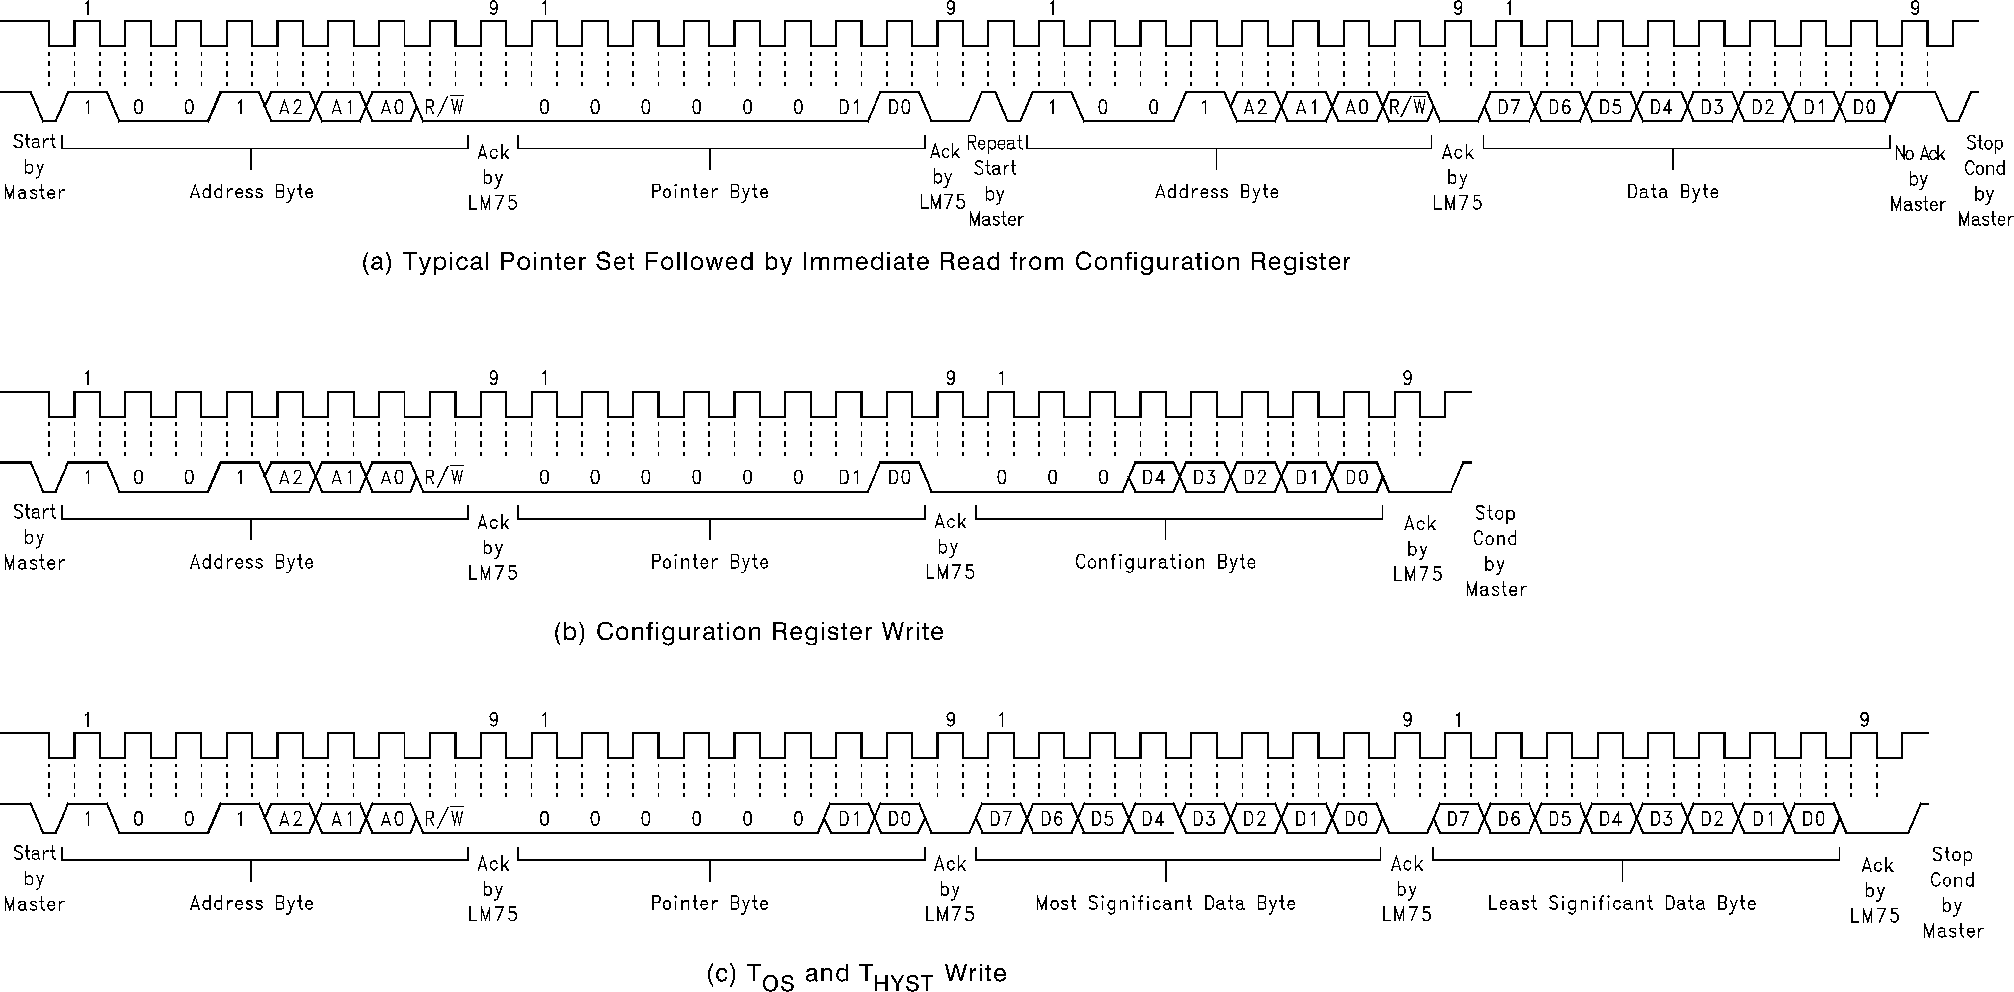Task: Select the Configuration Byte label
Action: click(x=1165, y=561)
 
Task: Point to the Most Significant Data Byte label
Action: click(x=1165, y=903)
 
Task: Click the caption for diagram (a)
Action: click(x=856, y=261)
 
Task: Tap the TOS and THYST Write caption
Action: click(x=856, y=974)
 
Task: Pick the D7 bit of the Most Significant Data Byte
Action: click(x=1001, y=819)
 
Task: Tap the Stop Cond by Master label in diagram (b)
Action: click(x=1495, y=551)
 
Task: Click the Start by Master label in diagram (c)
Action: click(x=34, y=878)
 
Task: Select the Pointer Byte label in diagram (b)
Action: click(x=709, y=561)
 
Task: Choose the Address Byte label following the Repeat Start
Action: click(x=1216, y=191)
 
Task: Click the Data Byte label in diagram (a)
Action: click(x=1672, y=191)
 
